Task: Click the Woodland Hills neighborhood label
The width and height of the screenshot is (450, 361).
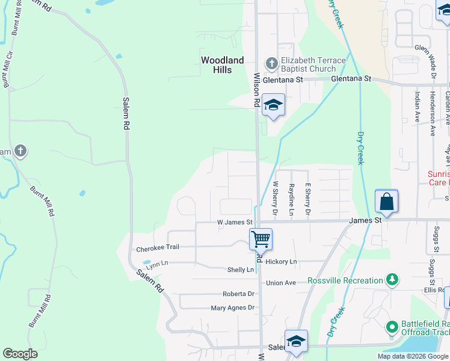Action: tap(223, 65)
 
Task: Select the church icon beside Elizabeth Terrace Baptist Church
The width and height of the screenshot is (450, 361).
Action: tap(271, 63)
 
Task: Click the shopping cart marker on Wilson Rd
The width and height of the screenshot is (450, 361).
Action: tap(260, 238)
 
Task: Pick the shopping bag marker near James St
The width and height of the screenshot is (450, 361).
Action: tap(386, 201)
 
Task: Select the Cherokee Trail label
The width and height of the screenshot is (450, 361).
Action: tap(158, 247)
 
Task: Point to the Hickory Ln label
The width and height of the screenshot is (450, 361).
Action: tap(282, 262)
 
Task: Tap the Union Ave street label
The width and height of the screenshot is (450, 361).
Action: tap(281, 283)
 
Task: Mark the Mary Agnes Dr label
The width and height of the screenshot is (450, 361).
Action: tap(233, 308)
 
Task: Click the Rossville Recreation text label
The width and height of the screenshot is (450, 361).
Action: tap(345, 281)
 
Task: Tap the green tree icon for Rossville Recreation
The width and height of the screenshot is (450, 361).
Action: tap(392, 280)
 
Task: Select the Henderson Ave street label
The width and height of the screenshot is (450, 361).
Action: tap(432, 114)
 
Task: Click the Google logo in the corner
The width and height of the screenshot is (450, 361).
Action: tap(20, 354)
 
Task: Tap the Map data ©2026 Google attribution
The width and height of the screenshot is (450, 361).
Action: tap(412, 356)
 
